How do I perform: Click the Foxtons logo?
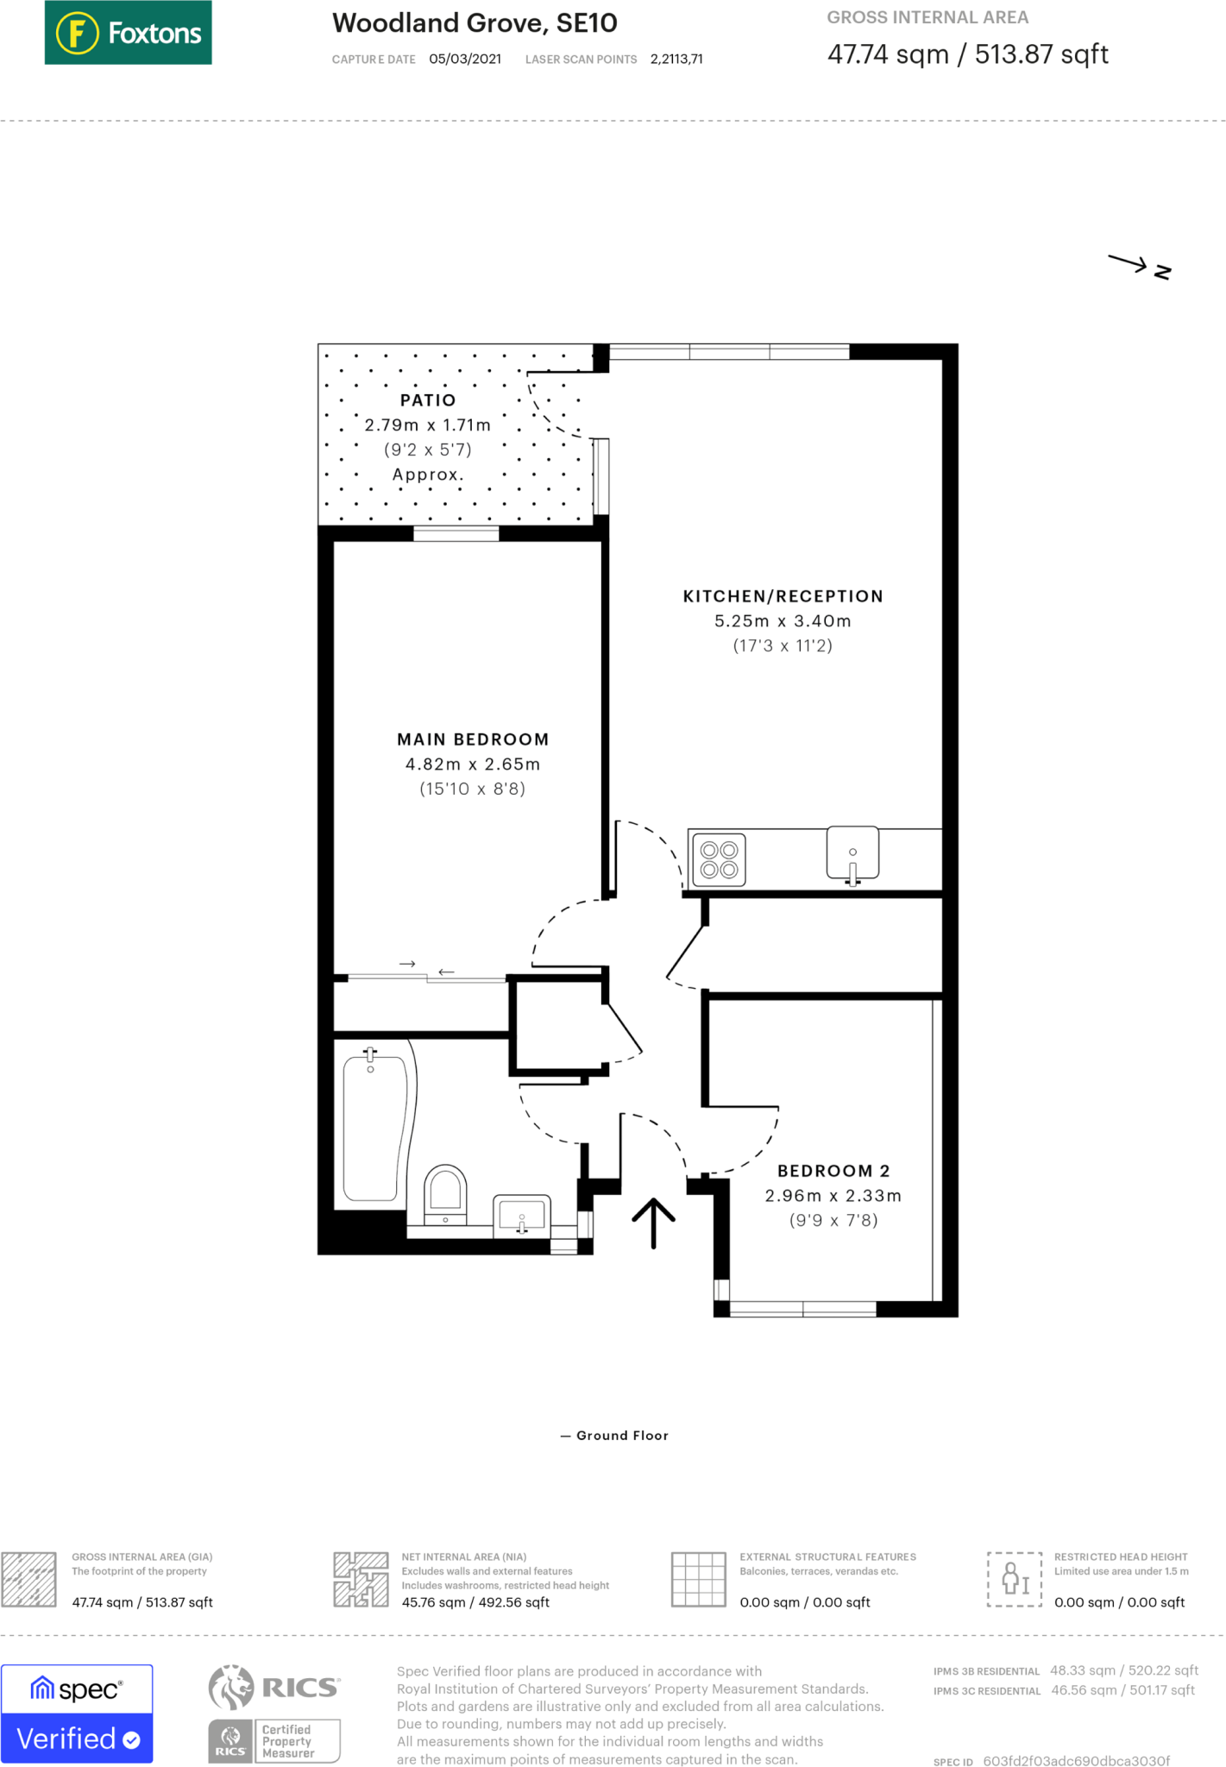click(x=128, y=33)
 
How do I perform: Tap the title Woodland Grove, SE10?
click(x=475, y=23)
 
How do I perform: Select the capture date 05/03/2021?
click(x=465, y=60)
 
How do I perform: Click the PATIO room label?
click(x=428, y=400)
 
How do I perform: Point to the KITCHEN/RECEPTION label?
click(x=783, y=596)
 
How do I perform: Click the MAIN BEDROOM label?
click(x=473, y=739)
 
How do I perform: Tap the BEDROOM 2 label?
click(x=833, y=1171)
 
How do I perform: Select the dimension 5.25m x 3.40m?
click(x=783, y=621)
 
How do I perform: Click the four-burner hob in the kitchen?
click(x=719, y=860)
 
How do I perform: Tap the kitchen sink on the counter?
click(x=852, y=854)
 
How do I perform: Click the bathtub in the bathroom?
click(x=374, y=1128)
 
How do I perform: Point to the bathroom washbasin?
click(x=521, y=1215)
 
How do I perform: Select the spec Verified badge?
click(x=77, y=1714)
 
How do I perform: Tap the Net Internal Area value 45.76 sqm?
click(x=433, y=1602)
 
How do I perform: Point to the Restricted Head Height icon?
click(x=1014, y=1578)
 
